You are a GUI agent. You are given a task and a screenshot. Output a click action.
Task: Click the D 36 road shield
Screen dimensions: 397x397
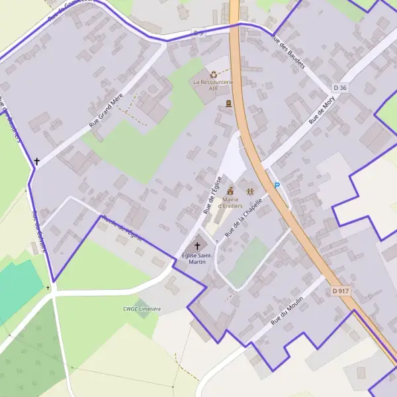point(340,87)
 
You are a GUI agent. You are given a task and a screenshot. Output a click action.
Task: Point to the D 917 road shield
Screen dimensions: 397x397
point(341,290)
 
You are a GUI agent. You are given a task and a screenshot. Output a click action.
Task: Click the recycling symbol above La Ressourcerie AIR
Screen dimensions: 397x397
point(213,75)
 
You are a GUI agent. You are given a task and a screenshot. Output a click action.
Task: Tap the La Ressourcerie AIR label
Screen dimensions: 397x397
point(213,85)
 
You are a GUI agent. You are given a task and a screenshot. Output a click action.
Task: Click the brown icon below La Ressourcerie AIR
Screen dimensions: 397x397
point(229,103)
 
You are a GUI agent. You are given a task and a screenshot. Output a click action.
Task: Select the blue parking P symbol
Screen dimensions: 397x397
point(277,185)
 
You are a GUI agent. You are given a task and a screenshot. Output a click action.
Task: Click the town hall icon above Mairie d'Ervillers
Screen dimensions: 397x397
point(230,191)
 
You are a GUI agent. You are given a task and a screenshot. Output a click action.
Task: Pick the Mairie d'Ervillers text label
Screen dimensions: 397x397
point(230,202)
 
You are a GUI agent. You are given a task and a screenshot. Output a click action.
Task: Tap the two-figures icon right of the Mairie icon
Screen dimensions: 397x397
point(250,191)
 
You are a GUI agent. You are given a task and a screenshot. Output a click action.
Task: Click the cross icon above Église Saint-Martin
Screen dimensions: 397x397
point(197,245)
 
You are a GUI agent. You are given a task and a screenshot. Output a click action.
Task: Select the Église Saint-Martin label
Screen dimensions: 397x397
point(197,258)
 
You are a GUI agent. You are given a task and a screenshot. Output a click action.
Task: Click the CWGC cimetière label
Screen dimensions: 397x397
point(142,309)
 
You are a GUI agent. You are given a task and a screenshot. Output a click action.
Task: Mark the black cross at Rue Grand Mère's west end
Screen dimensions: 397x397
point(37,161)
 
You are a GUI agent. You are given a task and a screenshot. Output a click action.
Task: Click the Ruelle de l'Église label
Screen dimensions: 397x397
point(122,229)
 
